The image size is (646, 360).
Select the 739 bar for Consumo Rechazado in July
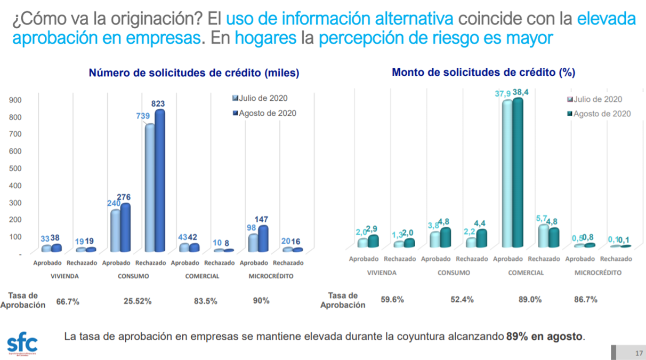point(150,187)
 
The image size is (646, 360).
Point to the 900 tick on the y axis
point(15,100)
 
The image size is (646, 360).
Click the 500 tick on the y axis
point(15,168)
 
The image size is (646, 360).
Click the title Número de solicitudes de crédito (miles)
point(194,73)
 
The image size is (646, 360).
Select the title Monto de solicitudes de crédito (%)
point(483,72)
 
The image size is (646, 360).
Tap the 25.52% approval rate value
point(137,301)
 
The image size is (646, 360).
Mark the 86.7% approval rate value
point(586,299)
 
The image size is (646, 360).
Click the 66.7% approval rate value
point(68,301)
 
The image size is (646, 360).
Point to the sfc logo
point(22,344)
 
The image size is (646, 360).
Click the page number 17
point(639,353)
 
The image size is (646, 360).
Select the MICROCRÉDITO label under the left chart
point(271,276)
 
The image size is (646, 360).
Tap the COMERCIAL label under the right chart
point(525,273)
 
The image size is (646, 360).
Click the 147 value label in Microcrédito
point(261,219)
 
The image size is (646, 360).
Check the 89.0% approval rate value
point(530,299)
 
